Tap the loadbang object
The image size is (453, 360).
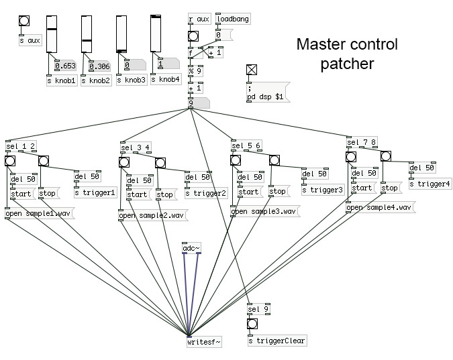pyautogui.click(x=232, y=19)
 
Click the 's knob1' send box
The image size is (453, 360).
pyautogui.click(x=61, y=80)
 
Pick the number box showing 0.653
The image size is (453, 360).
pyautogui.click(x=64, y=66)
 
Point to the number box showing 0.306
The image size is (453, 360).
pyautogui.click(x=99, y=66)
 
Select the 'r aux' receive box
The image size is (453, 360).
pyautogui.click(x=199, y=19)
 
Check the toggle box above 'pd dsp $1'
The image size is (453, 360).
pyautogui.click(x=252, y=69)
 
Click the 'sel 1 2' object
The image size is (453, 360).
pyautogui.click(x=21, y=147)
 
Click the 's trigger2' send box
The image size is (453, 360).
pyautogui.click(x=205, y=193)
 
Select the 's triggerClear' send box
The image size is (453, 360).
pyautogui.click(x=276, y=341)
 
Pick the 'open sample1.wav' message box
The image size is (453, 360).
pyautogui.click(x=39, y=215)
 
